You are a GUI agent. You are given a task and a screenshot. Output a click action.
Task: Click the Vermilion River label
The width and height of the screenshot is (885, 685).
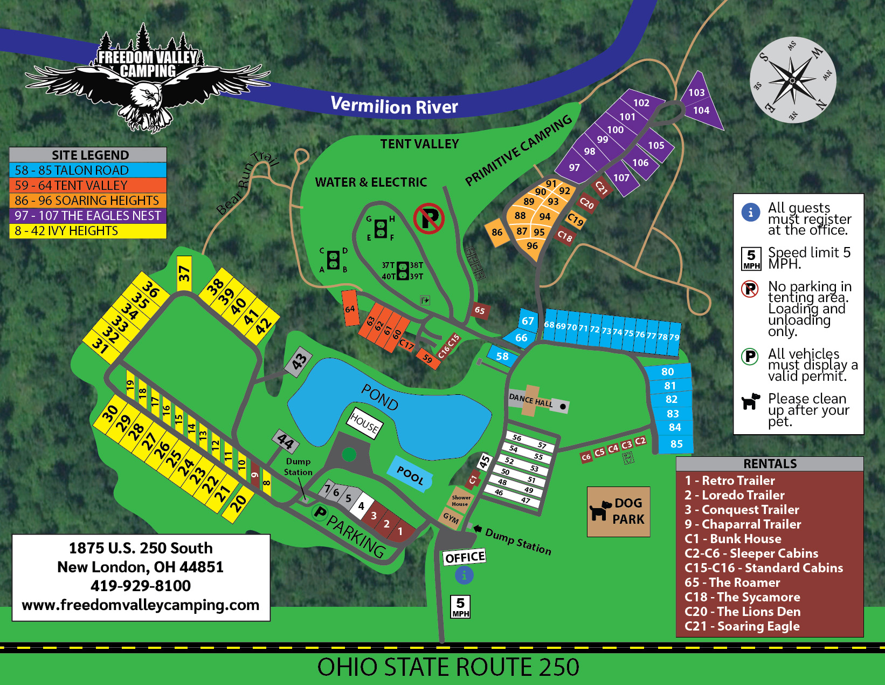coord(394,105)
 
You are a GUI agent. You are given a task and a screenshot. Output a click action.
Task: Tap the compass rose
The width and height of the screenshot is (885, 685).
coord(792,80)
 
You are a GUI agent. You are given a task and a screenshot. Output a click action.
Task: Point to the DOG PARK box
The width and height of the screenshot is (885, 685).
coord(618,511)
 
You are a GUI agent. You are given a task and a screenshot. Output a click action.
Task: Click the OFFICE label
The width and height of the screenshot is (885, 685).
coord(464,557)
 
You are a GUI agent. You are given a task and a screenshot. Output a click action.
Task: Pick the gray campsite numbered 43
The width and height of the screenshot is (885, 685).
coord(299,360)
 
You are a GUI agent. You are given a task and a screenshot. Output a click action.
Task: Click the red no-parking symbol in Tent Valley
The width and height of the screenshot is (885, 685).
coord(428,218)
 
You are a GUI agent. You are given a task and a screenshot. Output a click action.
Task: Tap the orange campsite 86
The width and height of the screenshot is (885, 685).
coord(497,232)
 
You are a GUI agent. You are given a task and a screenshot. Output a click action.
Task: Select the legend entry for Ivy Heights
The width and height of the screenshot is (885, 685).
coord(88,231)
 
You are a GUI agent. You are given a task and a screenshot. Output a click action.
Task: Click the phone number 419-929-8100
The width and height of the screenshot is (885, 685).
coord(141,586)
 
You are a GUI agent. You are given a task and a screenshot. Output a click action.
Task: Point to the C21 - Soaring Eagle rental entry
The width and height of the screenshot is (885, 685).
coord(742,626)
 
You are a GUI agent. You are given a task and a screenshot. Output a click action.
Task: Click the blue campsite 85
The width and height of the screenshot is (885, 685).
coord(676,444)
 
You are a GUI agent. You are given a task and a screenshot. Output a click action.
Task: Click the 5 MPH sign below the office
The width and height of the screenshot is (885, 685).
coord(460,607)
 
